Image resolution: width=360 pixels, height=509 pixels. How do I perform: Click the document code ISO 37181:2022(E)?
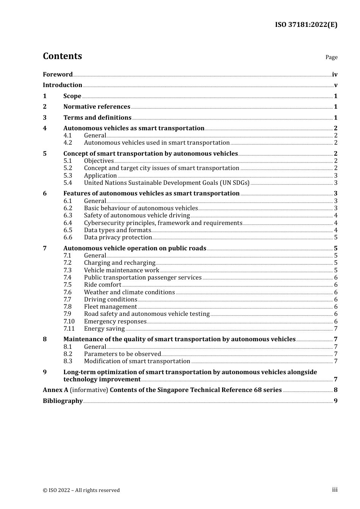(306, 25)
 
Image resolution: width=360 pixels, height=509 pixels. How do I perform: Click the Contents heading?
(62, 56)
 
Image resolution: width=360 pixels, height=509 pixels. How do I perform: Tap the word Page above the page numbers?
(331, 57)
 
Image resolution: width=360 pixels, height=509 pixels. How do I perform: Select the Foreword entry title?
(58, 75)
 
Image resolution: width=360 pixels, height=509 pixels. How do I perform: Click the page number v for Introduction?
(335, 85)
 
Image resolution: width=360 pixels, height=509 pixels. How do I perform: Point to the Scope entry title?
(72, 96)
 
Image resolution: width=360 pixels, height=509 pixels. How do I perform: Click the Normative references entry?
(97, 107)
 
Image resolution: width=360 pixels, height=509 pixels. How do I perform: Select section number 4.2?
(67, 143)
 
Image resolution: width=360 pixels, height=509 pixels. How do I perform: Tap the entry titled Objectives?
(99, 161)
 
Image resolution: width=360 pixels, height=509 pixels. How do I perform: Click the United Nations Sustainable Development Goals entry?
(166, 183)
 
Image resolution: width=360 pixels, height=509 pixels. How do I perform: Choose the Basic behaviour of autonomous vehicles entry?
(141, 208)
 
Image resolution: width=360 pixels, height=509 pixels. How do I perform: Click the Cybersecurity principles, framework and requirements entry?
(163, 223)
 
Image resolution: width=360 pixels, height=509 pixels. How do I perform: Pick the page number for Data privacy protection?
(335, 237)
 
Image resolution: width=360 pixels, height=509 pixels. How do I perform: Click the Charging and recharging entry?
(119, 263)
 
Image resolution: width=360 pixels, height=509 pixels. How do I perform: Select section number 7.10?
(69, 322)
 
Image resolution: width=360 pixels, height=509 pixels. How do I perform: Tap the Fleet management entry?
(110, 307)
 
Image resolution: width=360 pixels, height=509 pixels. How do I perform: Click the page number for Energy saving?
(335, 329)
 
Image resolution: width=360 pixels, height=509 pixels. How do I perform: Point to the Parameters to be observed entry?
(122, 354)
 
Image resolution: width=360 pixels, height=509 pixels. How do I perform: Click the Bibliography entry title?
(63, 401)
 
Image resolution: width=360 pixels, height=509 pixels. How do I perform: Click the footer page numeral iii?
(335, 490)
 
